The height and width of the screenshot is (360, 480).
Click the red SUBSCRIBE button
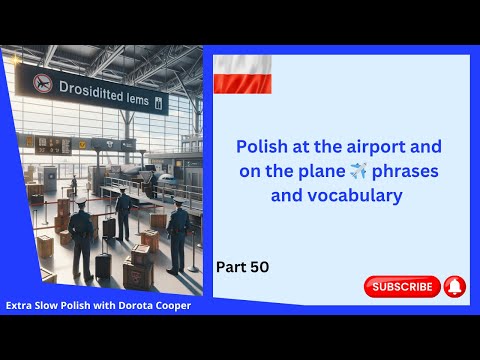coord(402,286)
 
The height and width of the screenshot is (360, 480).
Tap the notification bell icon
coord(454,286)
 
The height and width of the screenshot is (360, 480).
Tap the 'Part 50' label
coord(243,267)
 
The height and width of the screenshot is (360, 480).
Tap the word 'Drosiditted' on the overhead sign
coord(87,91)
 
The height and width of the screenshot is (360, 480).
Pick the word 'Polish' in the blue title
coord(262,146)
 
